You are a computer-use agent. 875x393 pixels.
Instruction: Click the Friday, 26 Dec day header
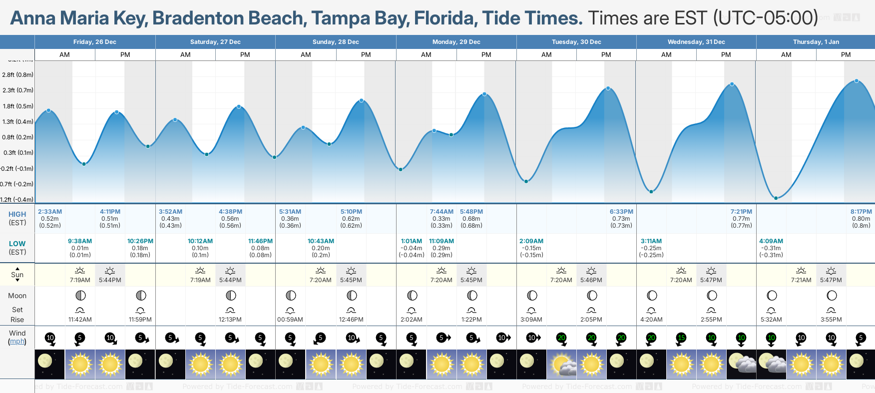click(x=95, y=42)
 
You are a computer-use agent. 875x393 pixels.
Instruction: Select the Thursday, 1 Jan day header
click(x=816, y=42)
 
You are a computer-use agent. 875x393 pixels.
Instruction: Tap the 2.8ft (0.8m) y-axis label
click(x=18, y=75)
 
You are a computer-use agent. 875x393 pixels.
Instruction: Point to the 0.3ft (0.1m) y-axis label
click(x=18, y=153)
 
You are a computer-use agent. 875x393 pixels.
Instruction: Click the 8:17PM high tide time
click(x=861, y=212)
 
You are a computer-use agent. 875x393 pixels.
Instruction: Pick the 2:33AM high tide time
click(x=50, y=212)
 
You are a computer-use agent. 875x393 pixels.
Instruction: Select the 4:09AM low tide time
click(x=771, y=241)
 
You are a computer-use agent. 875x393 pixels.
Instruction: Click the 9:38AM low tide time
click(x=80, y=241)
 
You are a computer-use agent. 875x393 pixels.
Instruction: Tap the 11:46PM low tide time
click(x=260, y=241)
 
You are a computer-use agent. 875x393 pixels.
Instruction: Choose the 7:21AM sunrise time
click(x=801, y=280)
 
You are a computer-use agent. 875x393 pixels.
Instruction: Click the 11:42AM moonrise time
click(x=80, y=320)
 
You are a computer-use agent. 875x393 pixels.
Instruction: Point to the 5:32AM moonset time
click(x=771, y=320)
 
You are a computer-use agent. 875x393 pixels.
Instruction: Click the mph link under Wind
click(x=17, y=342)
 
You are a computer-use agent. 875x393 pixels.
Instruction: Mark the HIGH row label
click(x=17, y=214)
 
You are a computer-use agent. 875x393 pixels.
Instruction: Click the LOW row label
click(x=17, y=244)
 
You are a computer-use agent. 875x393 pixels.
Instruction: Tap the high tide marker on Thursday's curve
click(x=857, y=81)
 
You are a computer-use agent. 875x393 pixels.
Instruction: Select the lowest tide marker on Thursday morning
click(x=776, y=198)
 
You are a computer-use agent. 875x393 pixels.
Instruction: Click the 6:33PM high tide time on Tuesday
click(x=621, y=212)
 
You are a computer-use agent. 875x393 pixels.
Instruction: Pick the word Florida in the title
click(x=444, y=18)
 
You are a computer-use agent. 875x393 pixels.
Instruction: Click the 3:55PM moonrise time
click(x=831, y=320)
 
